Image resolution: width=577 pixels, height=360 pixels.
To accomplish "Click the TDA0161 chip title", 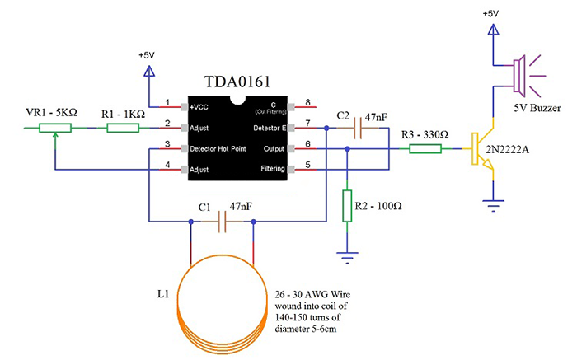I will click(x=239, y=82).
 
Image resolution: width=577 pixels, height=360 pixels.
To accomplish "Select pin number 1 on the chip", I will click(x=167, y=104).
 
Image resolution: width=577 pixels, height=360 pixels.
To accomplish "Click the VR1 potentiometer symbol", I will click(x=54, y=128).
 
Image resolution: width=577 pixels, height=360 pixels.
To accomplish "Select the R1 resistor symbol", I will click(x=124, y=128).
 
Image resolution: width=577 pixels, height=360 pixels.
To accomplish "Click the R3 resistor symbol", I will click(x=425, y=149).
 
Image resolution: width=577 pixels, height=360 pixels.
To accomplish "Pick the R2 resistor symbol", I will click(x=347, y=205).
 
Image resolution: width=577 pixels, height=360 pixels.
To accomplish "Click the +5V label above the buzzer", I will click(x=491, y=14).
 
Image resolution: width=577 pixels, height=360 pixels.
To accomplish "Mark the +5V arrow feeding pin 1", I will click(x=150, y=72).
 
